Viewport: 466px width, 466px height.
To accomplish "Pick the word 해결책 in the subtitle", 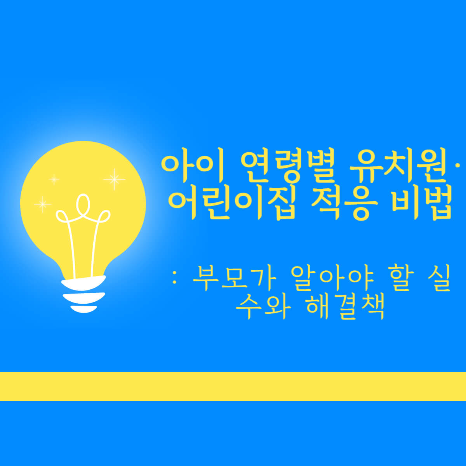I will [x=345, y=307].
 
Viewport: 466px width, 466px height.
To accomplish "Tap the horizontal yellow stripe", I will [x=233, y=386].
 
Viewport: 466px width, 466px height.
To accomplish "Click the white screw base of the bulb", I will [x=84, y=293].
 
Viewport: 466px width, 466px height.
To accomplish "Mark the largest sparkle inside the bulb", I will [x=114, y=179].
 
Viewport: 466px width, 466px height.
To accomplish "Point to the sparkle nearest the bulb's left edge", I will [x=42, y=203].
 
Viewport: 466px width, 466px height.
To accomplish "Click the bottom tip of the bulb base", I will [x=83, y=310].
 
